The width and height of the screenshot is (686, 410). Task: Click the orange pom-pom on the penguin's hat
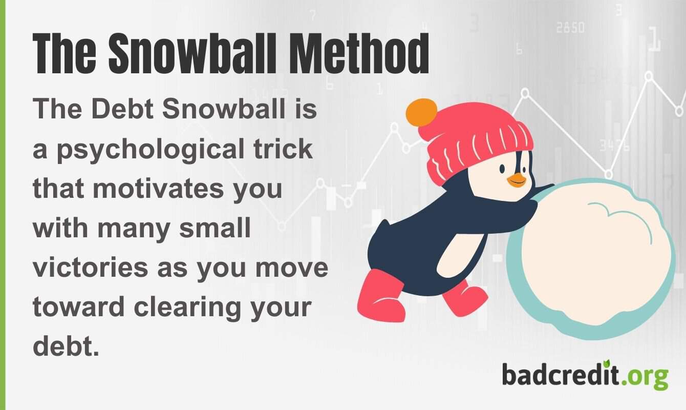click(x=421, y=113)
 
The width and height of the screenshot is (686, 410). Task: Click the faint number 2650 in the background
click(x=570, y=27)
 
